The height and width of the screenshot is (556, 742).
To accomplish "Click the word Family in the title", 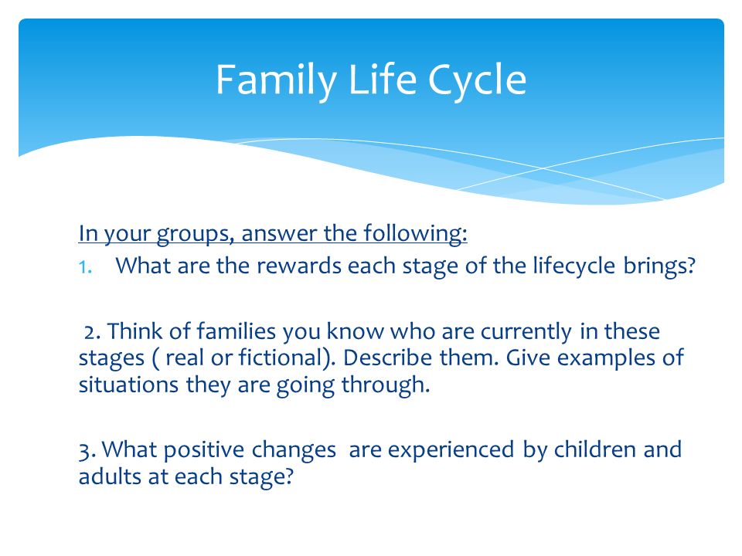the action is [277, 80].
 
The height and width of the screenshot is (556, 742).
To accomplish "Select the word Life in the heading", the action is [382, 79].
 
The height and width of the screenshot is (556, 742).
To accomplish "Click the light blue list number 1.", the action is [85, 268].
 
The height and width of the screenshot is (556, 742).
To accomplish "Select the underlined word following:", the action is [416, 234].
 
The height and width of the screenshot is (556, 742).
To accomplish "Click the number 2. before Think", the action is [93, 332].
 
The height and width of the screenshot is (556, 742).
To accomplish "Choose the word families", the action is [236, 331].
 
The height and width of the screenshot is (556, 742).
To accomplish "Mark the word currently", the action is [526, 332].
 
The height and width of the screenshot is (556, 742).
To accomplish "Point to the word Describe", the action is [387, 358].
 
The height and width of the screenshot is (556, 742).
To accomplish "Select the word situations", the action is [128, 385].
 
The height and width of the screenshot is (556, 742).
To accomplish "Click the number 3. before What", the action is [87, 450].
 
